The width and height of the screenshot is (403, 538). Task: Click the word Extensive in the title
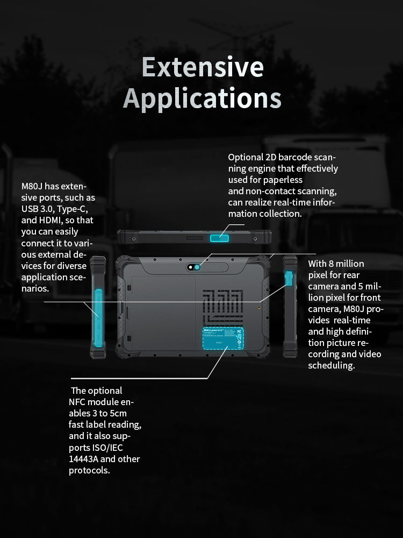click(x=203, y=68)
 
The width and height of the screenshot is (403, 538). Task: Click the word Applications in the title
click(x=203, y=98)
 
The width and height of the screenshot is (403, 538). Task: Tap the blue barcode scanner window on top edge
click(x=219, y=238)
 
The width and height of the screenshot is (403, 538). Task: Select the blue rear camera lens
click(x=198, y=267)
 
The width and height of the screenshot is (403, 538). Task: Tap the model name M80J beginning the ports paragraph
click(x=32, y=187)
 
